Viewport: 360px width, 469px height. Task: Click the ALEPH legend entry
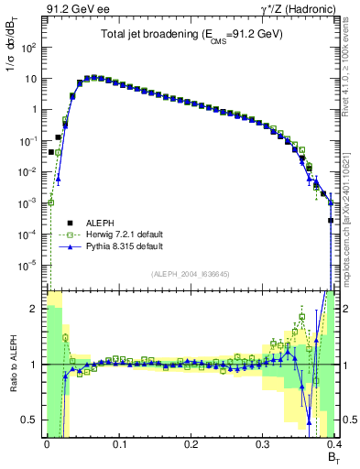click(x=105, y=221)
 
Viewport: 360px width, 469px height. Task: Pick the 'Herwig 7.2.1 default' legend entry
click(x=125, y=234)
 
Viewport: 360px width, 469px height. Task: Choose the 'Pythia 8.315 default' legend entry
click(x=125, y=246)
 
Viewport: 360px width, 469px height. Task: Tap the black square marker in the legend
click(x=71, y=221)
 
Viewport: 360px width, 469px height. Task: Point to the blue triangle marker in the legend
click(x=71, y=246)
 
